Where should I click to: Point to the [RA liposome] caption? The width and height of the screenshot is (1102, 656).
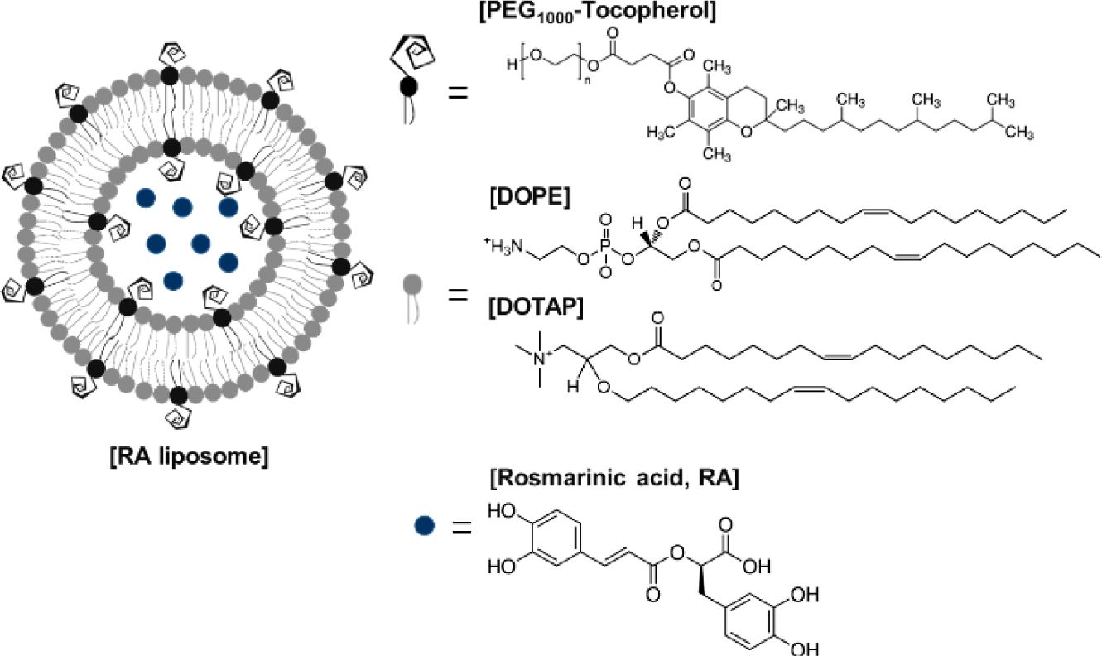click(189, 456)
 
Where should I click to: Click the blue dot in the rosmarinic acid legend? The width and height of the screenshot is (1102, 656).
click(425, 524)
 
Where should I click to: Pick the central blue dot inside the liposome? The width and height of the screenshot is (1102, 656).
click(200, 243)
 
